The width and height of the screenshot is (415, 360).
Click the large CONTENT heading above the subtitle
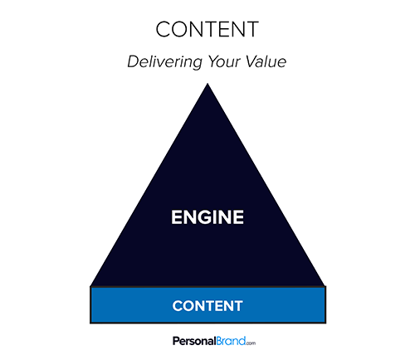[x=207, y=29]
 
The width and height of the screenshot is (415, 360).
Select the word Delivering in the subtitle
[x=165, y=61]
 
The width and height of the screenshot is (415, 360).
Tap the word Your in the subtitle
[x=224, y=61]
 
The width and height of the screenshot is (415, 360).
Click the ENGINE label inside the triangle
[x=207, y=217]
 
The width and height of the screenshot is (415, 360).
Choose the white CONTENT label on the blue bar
[x=207, y=306]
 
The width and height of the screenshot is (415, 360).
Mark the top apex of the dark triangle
[x=207, y=83]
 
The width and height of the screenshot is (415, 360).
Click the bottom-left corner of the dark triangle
[x=90, y=286]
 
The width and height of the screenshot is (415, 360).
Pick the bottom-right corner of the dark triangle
[x=325, y=286]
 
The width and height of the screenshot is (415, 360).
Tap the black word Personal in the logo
[x=194, y=341]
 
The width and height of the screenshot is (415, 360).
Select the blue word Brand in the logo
[x=230, y=341]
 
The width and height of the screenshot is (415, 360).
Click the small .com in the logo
[x=251, y=343]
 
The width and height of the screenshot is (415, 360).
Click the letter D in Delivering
[x=134, y=61]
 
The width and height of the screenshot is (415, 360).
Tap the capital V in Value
[x=251, y=61]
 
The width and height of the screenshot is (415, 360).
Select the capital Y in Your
[x=213, y=61]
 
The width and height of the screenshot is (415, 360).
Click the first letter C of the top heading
[x=164, y=29]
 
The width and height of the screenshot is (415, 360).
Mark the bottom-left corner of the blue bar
[x=90, y=323]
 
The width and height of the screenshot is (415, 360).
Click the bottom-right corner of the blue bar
[x=325, y=323]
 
